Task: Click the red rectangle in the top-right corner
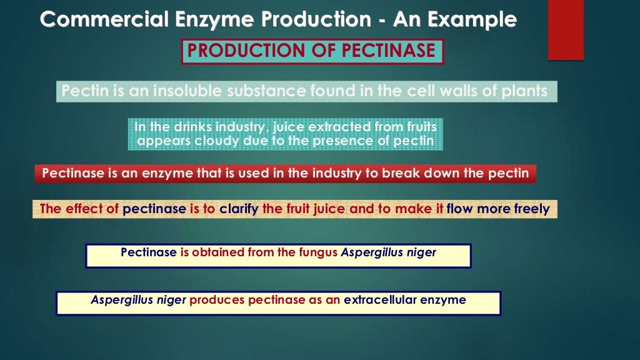pos(566,30)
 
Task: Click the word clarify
pos(239,209)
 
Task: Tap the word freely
pos(532,209)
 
